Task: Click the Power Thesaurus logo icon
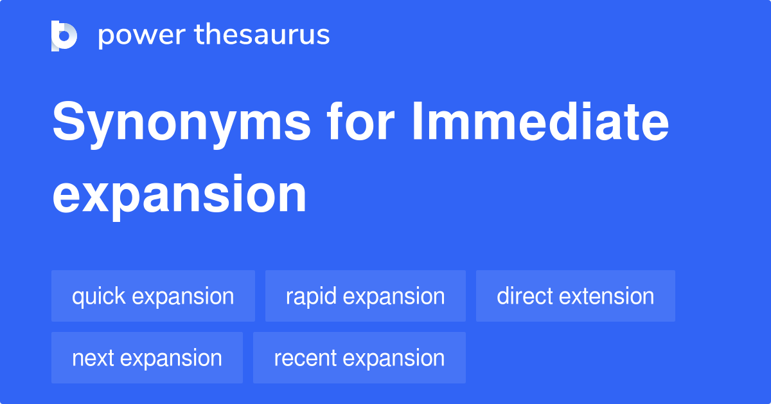64,35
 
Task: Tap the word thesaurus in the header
262,35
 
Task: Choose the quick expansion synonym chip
153,296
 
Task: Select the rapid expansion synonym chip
365,296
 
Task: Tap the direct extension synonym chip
575,296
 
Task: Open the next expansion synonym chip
146,358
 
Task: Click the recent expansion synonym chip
359,358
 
